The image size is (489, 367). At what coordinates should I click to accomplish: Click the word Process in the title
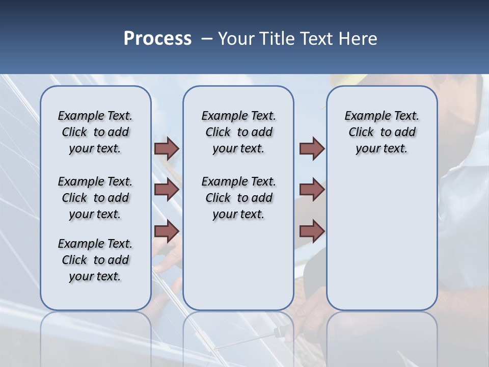pyautogui.click(x=157, y=39)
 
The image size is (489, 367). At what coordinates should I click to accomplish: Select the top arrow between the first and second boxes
pyautogui.click(x=167, y=148)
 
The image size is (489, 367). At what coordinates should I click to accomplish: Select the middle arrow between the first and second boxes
pyautogui.click(x=167, y=190)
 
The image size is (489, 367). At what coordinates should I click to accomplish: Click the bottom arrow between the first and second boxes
pyautogui.click(x=167, y=231)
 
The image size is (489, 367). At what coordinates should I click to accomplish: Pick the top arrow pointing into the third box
pyautogui.click(x=312, y=148)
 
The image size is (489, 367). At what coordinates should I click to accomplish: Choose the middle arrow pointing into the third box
pyautogui.click(x=312, y=190)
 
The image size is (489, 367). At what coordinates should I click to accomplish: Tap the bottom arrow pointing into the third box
pyautogui.click(x=312, y=231)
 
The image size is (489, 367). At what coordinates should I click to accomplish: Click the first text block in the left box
pyautogui.click(x=95, y=132)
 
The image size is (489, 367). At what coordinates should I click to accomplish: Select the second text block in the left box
pyautogui.click(x=95, y=198)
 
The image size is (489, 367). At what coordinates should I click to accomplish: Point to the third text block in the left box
pyautogui.click(x=95, y=260)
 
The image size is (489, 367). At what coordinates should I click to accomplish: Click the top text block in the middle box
pyautogui.click(x=238, y=132)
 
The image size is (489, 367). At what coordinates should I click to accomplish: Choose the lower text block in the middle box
pyautogui.click(x=238, y=198)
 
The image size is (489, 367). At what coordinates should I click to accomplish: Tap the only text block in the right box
pyautogui.click(x=382, y=132)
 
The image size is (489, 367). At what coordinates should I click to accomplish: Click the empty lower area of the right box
pyautogui.click(x=382, y=234)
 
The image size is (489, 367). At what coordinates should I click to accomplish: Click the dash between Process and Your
pyautogui.click(x=207, y=39)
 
